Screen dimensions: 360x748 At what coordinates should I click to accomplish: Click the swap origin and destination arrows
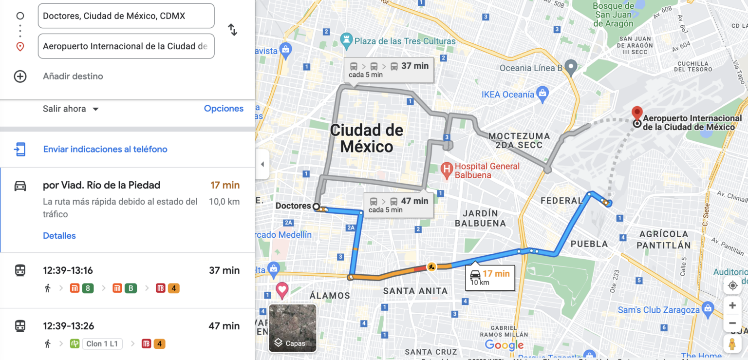pos(233,30)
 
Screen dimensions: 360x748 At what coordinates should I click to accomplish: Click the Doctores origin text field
pos(126,16)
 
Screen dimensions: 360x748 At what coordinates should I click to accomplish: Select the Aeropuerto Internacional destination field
pos(126,46)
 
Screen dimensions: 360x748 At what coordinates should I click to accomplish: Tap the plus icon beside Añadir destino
pos(20,76)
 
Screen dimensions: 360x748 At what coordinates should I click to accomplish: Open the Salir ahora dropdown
pos(71,109)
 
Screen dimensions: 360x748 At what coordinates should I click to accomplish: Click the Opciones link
pos(224,109)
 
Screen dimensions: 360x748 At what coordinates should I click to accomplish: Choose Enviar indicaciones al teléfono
pos(105,149)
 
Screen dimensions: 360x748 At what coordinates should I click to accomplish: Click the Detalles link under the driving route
pos(59,236)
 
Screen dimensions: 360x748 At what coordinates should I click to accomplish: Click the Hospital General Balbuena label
pos(487,170)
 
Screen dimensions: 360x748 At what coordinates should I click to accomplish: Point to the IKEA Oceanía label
pos(508,95)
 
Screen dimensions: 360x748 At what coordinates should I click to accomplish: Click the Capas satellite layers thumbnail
pos(293,328)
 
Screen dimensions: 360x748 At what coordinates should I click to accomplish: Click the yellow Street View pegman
pos(732,343)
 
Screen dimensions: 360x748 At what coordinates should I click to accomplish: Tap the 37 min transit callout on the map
pos(388,69)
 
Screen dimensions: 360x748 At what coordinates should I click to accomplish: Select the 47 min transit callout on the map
pos(398,205)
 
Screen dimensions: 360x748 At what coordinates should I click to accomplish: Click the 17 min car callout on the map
pos(489,277)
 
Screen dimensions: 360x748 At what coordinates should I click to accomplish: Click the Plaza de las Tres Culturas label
pos(405,41)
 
